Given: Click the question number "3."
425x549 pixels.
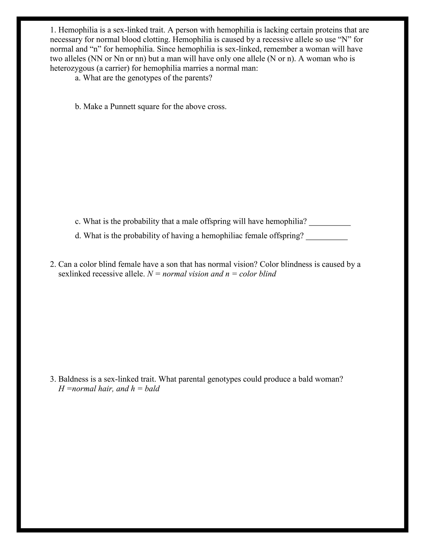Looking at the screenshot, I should [53, 379].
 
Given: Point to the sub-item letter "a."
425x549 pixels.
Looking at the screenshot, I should [78, 78].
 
